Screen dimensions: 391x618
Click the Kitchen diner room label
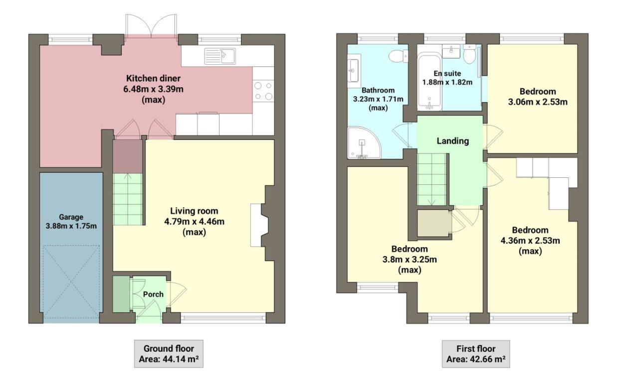tap(153, 78)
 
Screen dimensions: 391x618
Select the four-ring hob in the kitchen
tap(263, 91)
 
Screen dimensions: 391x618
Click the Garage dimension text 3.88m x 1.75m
tap(70, 226)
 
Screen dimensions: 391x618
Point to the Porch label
tap(153, 294)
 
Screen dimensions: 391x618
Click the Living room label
tap(194, 211)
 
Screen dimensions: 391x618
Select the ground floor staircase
tap(127, 198)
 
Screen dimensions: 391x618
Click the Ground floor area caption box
tap(168, 354)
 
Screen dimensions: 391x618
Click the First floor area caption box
tap(476, 354)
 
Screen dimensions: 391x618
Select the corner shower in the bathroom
tap(364, 143)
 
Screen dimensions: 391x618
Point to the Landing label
tap(452, 141)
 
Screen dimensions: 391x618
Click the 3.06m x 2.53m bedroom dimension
tap(537, 102)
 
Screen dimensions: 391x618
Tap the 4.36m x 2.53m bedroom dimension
tap(530, 241)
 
